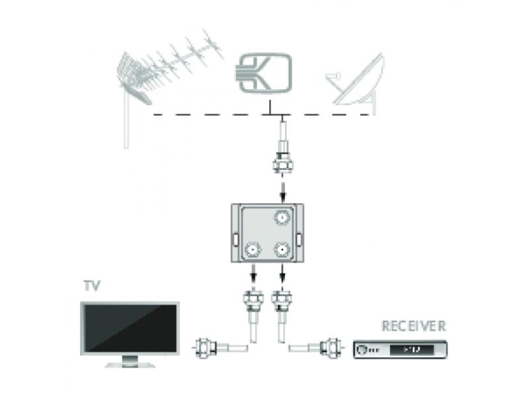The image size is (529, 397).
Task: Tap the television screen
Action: pyautogui.click(x=130, y=330)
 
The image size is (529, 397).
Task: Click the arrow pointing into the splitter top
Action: pyautogui.click(x=284, y=192)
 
